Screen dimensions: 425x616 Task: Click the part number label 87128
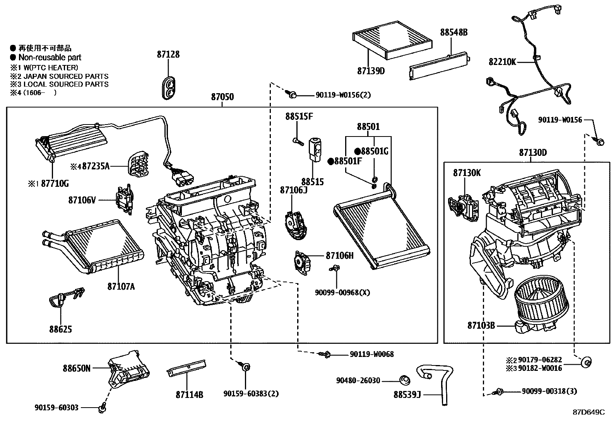[x=168, y=55]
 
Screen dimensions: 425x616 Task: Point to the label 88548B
[x=453, y=32]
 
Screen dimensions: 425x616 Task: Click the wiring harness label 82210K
[x=502, y=62]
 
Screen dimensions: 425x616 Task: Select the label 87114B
[x=189, y=394]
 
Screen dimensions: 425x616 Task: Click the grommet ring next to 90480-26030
[x=405, y=380]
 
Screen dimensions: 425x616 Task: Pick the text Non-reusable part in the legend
[x=50, y=58]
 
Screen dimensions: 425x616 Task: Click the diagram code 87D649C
[x=589, y=412]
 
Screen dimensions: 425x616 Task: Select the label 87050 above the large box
[x=222, y=97]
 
